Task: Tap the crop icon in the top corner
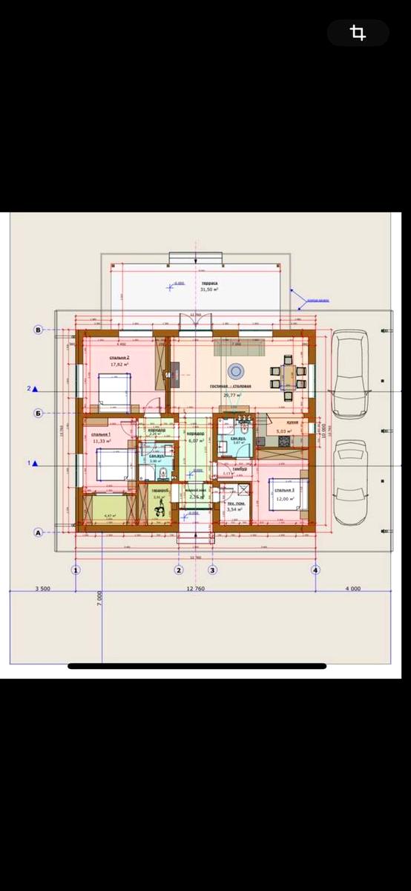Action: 358,33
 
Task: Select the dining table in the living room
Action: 286,375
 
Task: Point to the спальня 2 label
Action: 120,357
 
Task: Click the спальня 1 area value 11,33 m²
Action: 100,441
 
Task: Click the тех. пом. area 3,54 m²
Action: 236,510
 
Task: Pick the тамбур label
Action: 240,469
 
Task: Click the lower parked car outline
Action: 349,482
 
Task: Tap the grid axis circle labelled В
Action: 38,329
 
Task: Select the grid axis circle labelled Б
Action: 38,413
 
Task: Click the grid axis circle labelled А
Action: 38,532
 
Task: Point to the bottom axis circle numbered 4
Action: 315,570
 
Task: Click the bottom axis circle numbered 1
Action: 75,570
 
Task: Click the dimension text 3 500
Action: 42,588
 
